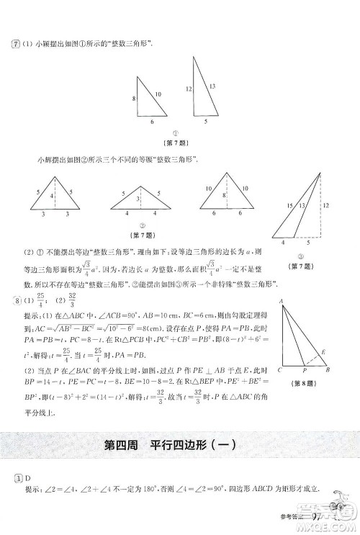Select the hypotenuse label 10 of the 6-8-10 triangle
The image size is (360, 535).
157,95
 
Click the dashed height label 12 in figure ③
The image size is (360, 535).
326,206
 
